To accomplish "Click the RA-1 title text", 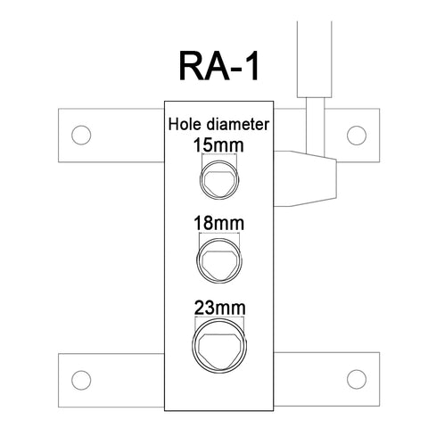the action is coord(218,67).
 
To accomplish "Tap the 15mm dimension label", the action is coord(218,145).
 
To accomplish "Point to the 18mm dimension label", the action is coord(219,224).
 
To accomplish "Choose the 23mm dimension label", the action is coord(220,308).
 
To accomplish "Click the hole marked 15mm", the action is coord(219,179).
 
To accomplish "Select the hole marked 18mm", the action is coord(219,260).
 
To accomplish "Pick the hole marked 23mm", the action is coord(219,346).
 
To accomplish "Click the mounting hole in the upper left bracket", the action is coord(81,136).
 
